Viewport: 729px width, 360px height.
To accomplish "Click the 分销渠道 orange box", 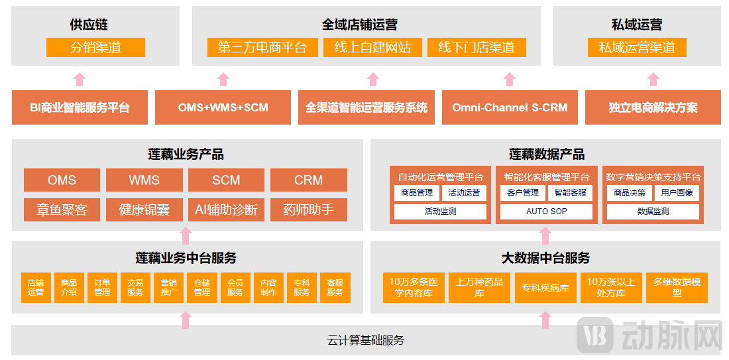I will [x=95, y=48].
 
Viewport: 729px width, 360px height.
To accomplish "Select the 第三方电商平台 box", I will [x=262, y=48].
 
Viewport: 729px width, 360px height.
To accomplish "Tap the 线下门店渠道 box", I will [x=477, y=48].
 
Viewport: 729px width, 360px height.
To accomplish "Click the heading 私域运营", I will [x=637, y=25].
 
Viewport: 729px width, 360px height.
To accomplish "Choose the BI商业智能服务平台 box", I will [x=80, y=107].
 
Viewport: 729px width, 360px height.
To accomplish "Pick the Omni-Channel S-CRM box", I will [x=510, y=107].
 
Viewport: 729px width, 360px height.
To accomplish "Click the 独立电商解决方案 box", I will [x=653, y=107].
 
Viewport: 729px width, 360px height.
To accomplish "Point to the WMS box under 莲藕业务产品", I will [x=144, y=180].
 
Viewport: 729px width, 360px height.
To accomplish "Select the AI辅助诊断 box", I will [x=226, y=210].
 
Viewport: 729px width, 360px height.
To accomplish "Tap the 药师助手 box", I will [x=308, y=210].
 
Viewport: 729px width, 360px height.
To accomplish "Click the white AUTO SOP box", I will [x=547, y=211].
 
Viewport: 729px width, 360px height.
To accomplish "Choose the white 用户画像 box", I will [x=677, y=193].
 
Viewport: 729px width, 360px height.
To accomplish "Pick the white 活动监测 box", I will [x=440, y=211].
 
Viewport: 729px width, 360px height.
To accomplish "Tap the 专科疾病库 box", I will [x=545, y=288].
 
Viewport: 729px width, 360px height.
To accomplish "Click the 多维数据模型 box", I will [x=677, y=287].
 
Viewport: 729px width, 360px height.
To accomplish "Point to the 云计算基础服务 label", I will [x=365, y=341].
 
